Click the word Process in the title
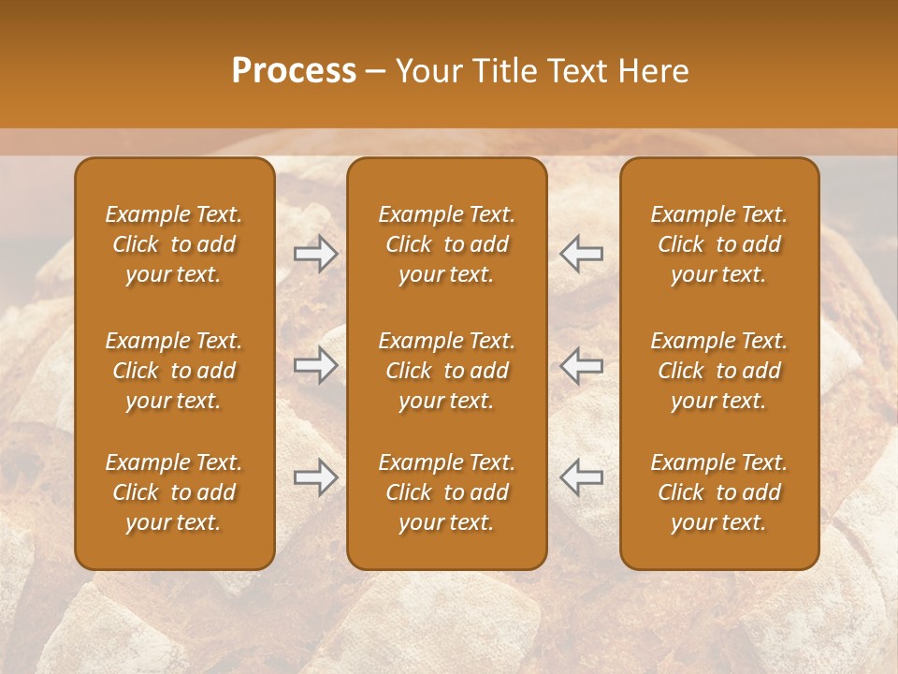(294, 70)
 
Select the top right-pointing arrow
(316, 254)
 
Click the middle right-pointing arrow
(316, 366)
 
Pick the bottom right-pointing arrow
(316, 477)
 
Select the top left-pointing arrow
(582, 254)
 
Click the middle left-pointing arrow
(582, 366)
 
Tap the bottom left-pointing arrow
(582, 477)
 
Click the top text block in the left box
(174, 244)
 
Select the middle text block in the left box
(174, 371)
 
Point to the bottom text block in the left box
(174, 492)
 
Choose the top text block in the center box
(446, 244)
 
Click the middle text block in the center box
(446, 371)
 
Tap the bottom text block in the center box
(446, 492)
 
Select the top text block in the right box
(719, 244)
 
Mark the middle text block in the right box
(719, 371)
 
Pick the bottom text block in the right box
(719, 492)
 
